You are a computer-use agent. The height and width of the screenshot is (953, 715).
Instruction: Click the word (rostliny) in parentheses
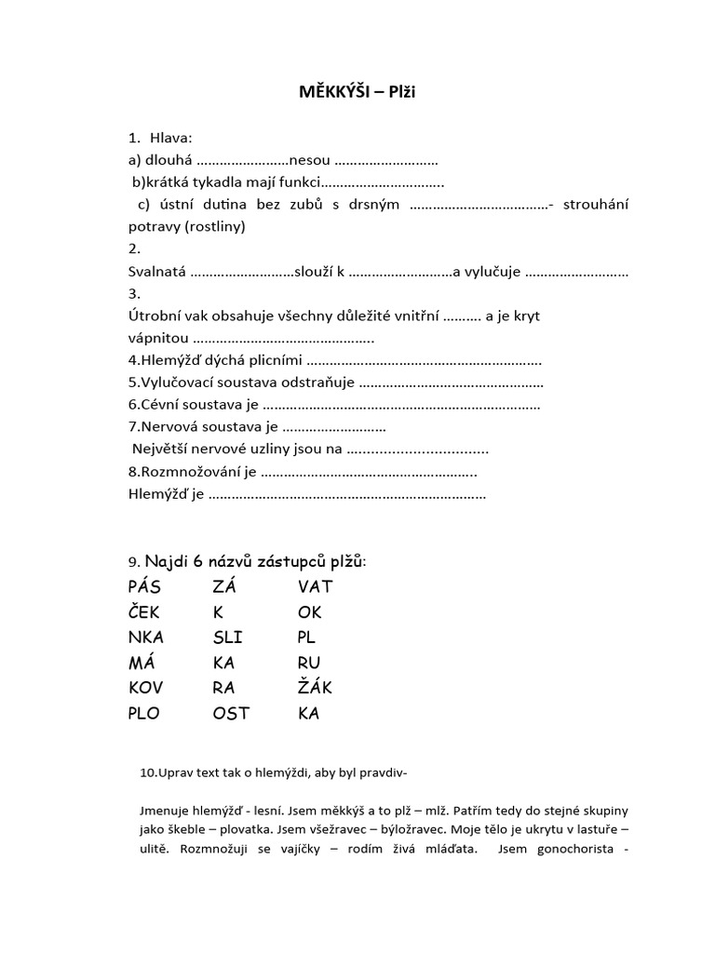(x=215, y=226)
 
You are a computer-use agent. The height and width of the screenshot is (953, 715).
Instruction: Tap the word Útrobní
(x=154, y=315)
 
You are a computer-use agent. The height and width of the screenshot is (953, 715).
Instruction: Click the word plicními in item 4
(x=275, y=360)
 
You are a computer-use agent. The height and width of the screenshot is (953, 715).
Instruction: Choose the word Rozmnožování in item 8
(x=196, y=472)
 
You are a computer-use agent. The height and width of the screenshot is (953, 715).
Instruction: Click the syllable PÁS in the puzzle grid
(x=144, y=586)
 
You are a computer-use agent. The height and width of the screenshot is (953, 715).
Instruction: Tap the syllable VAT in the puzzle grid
(x=315, y=586)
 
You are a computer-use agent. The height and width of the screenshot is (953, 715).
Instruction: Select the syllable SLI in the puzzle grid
(x=228, y=638)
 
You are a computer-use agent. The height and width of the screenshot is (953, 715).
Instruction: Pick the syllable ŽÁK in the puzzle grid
(x=315, y=688)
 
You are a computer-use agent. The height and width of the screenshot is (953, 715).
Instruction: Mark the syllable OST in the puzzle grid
(x=231, y=714)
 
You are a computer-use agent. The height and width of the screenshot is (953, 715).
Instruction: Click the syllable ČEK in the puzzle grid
(x=144, y=612)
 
